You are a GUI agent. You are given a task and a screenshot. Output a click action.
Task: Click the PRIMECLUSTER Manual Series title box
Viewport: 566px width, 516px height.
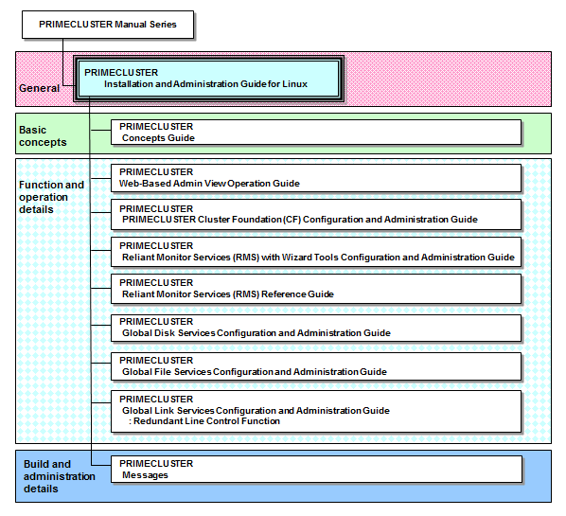[108, 25]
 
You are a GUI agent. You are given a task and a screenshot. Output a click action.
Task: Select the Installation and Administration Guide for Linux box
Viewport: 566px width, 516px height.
[208, 79]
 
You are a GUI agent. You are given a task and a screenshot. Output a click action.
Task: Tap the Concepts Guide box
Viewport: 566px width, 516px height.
[316, 133]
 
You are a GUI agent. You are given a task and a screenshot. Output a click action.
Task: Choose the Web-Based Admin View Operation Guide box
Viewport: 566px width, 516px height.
[316, 178]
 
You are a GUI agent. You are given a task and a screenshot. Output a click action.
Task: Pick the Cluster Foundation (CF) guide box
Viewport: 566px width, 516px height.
[316, 215]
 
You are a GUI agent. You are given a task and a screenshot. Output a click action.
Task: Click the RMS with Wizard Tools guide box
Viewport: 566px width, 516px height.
[316, 252]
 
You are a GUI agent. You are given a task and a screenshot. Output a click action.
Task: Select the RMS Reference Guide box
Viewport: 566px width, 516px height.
[316, 289]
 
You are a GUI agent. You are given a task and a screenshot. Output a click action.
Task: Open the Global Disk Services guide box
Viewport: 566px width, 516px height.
[316, 328]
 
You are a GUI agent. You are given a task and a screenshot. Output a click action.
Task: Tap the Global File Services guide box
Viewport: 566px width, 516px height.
[316, 366]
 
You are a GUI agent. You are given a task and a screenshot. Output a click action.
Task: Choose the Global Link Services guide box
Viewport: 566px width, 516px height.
[316, 411]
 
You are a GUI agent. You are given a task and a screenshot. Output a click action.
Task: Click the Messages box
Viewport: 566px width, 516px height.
[316, 469]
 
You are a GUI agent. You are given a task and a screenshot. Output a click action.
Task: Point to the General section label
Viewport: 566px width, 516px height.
[39, 88]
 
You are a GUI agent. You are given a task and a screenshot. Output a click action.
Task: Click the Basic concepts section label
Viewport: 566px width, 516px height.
[43, 136]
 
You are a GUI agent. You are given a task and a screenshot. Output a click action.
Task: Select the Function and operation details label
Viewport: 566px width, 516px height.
[51, 197]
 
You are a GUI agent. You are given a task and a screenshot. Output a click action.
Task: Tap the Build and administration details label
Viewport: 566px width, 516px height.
[60, 476]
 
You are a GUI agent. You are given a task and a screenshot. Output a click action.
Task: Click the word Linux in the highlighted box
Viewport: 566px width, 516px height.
[294, 84]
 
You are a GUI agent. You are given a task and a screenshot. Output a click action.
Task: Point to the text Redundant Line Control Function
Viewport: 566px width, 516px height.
[207, 421]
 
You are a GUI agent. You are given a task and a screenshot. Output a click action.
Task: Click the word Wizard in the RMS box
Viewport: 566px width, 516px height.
[296, 258]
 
